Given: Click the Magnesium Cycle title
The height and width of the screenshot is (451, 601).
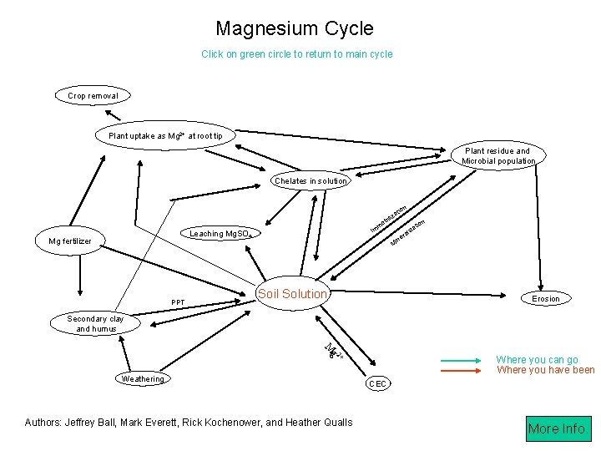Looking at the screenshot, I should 295,28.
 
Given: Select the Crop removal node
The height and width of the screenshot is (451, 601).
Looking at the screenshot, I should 93,96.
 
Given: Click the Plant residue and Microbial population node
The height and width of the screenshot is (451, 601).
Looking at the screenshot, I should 497,156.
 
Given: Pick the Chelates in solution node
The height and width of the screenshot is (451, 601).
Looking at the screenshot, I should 311,181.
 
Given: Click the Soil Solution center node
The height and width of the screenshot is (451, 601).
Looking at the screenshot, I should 292,294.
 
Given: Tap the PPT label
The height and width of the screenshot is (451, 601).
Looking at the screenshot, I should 178,302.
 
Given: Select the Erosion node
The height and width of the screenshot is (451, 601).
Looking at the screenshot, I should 546,298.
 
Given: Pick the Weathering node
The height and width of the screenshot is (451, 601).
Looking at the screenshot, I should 143,379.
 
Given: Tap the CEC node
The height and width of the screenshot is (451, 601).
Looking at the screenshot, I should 377,384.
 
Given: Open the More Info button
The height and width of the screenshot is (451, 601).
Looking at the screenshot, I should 556,428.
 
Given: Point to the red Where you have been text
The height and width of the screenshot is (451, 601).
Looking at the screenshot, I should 545,370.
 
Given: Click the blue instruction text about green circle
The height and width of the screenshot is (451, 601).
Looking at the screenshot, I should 296,54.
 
